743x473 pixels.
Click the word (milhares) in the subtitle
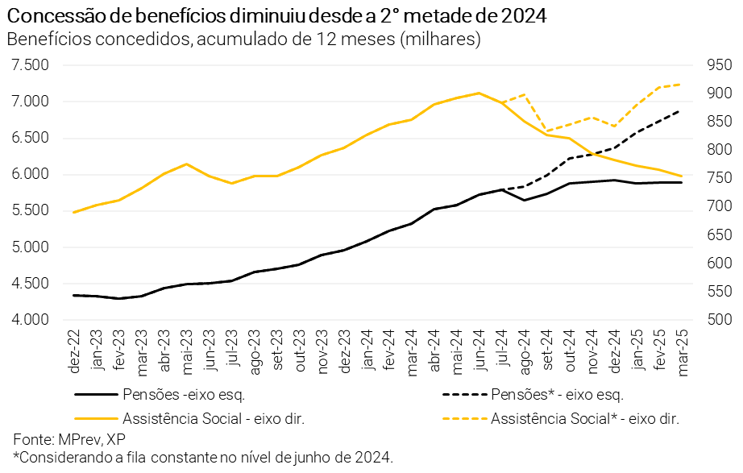[440, 39]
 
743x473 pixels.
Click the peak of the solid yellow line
[479, 93]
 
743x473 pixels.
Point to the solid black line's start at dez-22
[74, 295]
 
